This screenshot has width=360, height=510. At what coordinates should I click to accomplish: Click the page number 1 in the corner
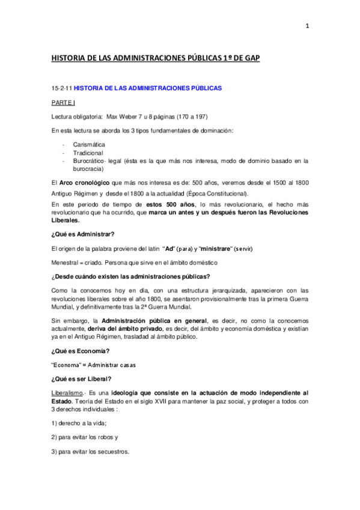pos(307,26)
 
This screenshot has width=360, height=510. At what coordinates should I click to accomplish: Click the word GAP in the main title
pos(250,58)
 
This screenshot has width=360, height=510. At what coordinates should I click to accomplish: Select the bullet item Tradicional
pos(88,153)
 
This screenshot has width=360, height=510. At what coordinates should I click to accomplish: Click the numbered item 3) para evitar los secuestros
pos(90,452)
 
